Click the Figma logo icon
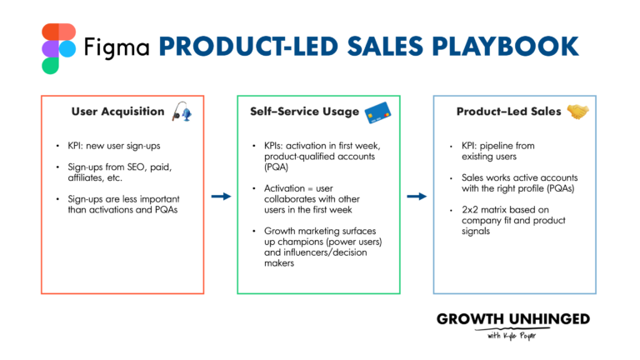pos(57,48)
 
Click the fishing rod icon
pos(181,112)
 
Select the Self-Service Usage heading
pos(304,111)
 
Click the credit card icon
pos(377,111)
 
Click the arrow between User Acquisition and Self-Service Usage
pos(220,197)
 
